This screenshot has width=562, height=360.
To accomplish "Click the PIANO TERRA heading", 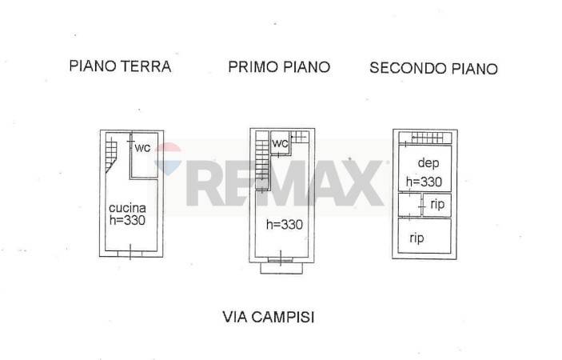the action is [x=120, y=66].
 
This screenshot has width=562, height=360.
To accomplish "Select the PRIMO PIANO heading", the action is [x=279, y=67].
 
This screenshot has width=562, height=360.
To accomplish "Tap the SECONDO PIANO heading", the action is [x=433, y=68].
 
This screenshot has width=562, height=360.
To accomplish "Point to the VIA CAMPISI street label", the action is [x=268, y=317].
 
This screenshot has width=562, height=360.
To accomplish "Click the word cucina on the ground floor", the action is [x=127, y=208].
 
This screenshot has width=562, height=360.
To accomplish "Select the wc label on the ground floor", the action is [x=142, y=147].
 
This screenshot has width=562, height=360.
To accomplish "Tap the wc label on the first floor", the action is [x=280, y=143].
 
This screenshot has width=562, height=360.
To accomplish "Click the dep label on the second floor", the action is [x=428, y=163].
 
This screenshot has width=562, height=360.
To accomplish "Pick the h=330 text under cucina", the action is [x=127, y=220].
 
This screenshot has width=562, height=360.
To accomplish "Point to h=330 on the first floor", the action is [x=285, y=225].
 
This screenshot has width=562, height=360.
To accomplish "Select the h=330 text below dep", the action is [x=424, y=182].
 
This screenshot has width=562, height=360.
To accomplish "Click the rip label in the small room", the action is [x=437, y=204].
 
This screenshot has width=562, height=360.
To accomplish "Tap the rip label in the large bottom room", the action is [x=417, y=238].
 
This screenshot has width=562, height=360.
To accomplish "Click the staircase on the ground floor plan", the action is [x=111, y=155].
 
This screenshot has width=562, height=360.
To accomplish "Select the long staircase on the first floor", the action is [x=262, y=160].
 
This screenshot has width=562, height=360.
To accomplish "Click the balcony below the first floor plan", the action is [x=281, y=268].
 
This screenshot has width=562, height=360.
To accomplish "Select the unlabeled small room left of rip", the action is [x=409, y=205].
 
